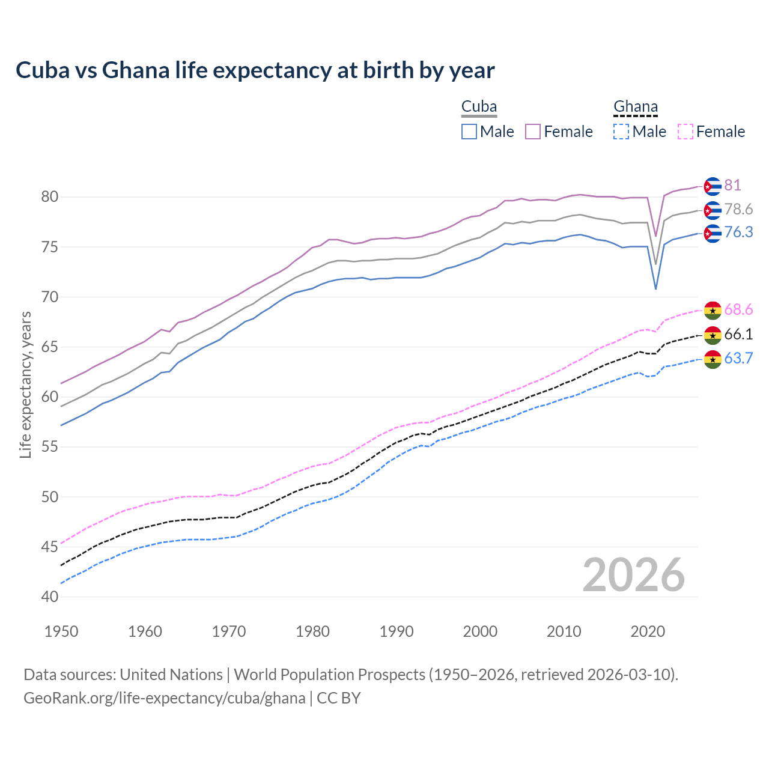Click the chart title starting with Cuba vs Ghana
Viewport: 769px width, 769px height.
(255, 70)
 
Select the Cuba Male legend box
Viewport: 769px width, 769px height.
(469, 132)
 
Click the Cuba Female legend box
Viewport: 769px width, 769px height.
(533, 132)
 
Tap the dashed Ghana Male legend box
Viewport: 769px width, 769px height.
(621, 132)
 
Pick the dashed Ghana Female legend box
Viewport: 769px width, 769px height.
(685, 132)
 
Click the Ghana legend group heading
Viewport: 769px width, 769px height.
(636, 107)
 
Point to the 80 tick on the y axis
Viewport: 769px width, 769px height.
(49, 197)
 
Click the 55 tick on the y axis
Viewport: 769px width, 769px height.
(49, 447)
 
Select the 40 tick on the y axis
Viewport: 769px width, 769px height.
(49, 597)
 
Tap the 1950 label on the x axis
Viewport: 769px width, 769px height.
(61, 631)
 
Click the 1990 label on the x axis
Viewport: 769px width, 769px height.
(397, 631)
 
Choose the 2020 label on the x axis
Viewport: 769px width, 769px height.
(648, 631)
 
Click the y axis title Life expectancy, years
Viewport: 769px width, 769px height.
(25, 384)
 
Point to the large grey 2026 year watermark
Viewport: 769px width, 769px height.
(634, 575)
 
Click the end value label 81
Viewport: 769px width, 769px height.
(732, 186)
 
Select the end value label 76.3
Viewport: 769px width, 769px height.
(738, 233)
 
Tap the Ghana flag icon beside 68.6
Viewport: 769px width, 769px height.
(713, 311)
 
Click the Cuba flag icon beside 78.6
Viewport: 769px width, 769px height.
(713, 210)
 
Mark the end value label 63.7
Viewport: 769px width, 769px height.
(738, 359)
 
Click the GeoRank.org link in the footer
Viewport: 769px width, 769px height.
(164, 698)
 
